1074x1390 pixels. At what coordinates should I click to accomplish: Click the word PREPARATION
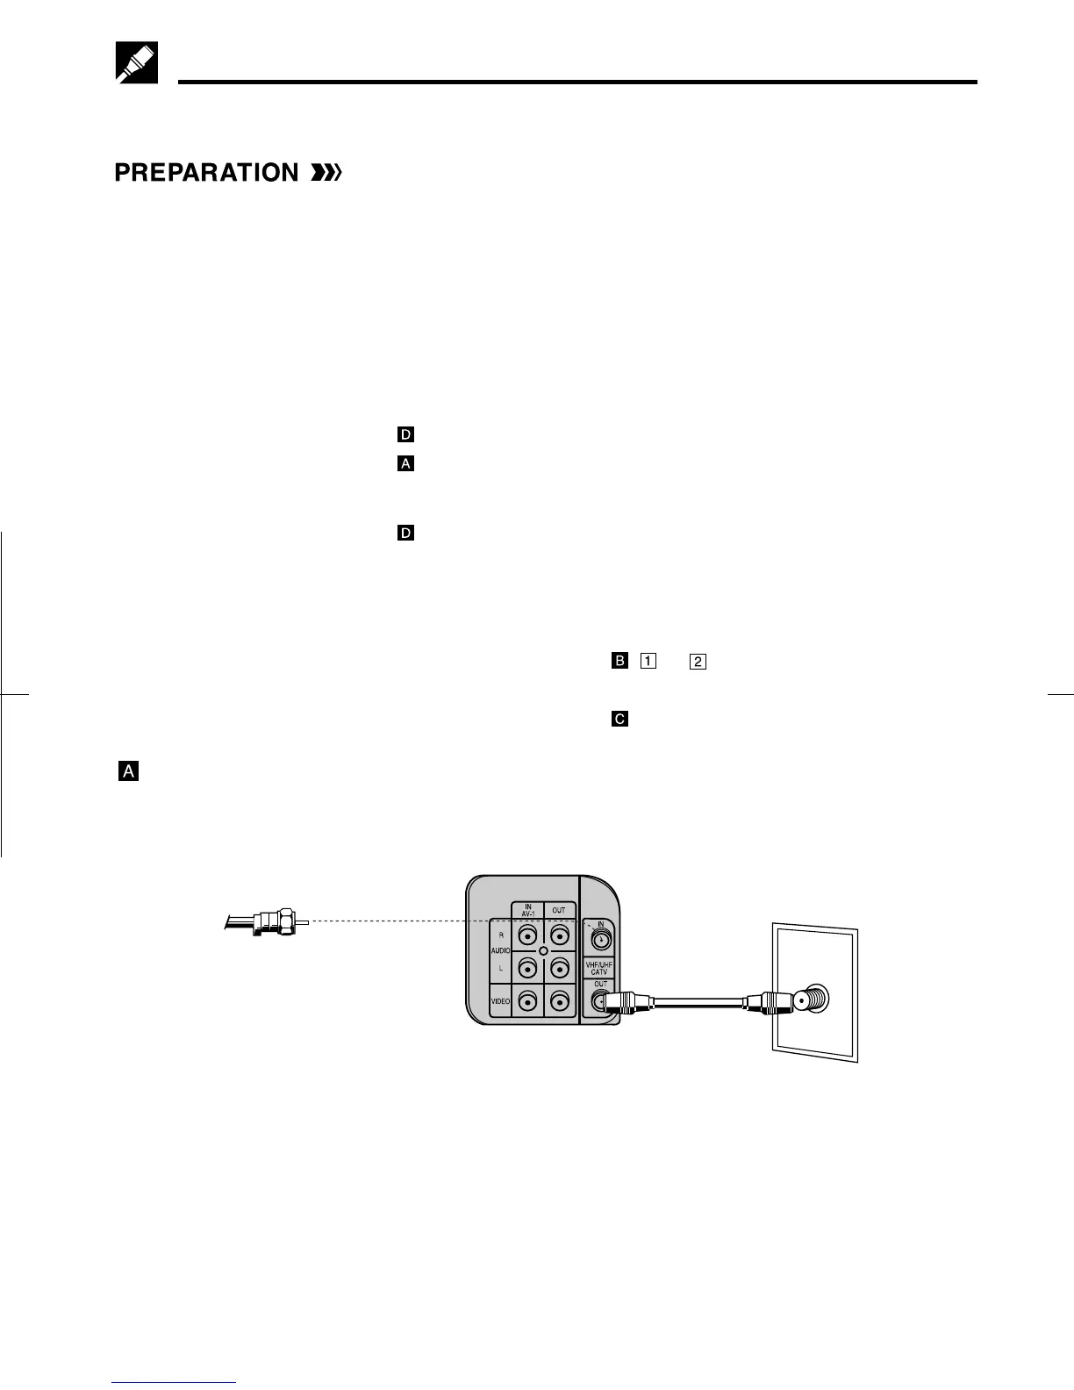[x=206, y=173]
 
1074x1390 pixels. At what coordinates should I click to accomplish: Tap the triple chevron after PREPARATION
[x=326, y=173]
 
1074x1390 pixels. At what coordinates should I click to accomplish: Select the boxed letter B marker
[x=619, y=660]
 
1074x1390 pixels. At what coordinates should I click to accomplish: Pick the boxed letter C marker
[x=619, y=719]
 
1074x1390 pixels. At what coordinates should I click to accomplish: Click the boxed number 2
[x=698, y=660]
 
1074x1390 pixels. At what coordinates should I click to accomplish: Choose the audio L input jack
[x=527, y=968]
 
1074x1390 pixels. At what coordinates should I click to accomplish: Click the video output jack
[x=559, y=1000]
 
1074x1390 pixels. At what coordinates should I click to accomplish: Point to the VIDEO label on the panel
[x=500, y=1001]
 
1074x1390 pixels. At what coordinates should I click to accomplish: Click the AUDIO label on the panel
[x=501, y=951]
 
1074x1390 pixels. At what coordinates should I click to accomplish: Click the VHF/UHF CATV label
[x=599, y=969]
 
